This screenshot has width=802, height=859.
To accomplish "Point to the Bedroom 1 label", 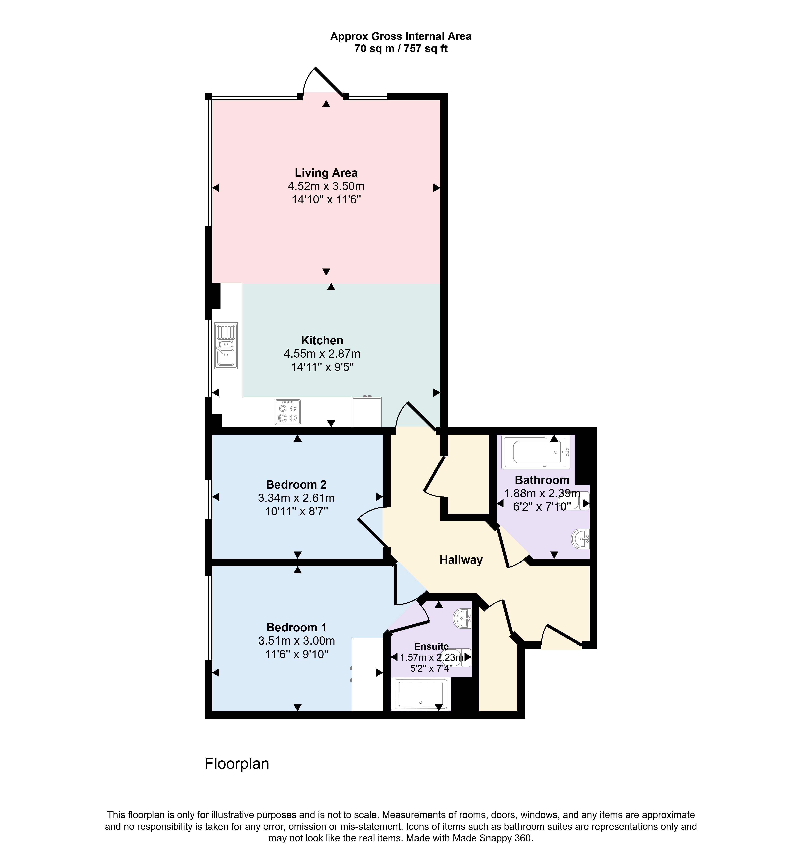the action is click(x=296, y=627).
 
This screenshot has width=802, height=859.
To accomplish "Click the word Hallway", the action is click(x=461, y=560).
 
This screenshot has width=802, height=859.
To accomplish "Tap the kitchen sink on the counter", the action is click(x=226, y=346).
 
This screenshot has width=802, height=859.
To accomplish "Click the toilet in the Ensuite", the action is click(x=457, y=657).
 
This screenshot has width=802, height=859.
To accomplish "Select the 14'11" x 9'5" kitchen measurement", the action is click(x=322, y=367).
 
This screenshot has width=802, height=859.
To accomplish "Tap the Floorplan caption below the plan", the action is click(x=237, y=764).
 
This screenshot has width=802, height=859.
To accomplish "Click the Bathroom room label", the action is click(x=542, y=480).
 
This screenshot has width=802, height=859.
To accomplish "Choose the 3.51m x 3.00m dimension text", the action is click(x=296, y=640).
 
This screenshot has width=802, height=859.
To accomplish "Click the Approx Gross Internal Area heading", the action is click(x=401, y=37).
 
